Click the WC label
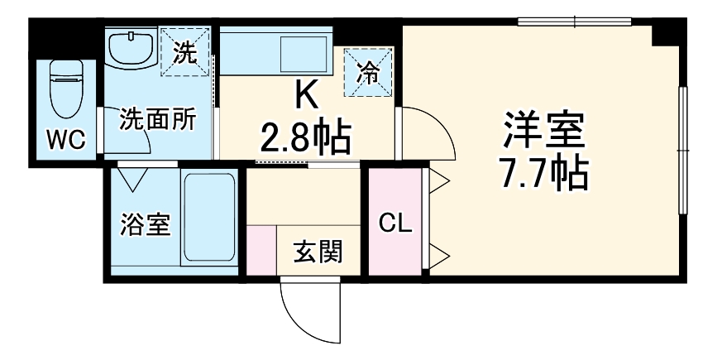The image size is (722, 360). [x=65, y=140]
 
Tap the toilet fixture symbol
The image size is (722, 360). [x=65, y=89]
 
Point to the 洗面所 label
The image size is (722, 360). [x=157, y=120]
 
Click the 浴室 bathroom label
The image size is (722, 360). [x=144, y=224]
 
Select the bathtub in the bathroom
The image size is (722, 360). [x=209, y=217]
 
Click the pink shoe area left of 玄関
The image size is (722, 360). [x=261, y=252]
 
